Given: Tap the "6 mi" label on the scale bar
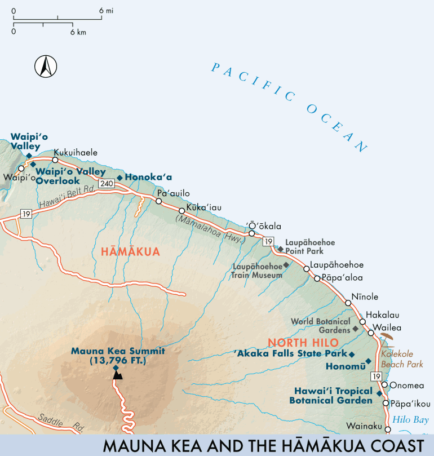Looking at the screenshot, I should coord(105,11).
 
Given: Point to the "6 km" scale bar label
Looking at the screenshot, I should coord(78,32).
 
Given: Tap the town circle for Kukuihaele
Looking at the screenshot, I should coord(55,160).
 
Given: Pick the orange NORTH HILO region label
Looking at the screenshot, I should coord(303,343).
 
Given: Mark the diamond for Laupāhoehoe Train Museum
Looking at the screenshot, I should coord(286,265).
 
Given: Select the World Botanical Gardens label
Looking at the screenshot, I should coord(320,325).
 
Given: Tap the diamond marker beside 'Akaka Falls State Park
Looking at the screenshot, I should coord(351,355).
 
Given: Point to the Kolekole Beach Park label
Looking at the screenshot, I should coord(402,360).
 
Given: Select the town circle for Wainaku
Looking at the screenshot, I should coord(387,430).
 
